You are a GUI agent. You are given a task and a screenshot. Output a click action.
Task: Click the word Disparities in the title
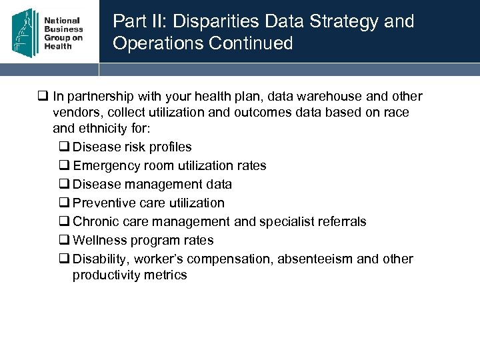click(x=210, y=21)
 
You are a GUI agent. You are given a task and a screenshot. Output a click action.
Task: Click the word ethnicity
click(x=100, y=129)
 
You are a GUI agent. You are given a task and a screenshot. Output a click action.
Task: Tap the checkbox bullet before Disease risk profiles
click(x=65, y=147)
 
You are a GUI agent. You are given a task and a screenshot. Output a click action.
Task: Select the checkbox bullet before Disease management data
click(x=65, y=185)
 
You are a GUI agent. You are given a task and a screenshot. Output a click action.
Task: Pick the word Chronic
click(x=95, y=222)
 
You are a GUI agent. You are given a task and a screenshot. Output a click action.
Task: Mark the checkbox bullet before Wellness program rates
click(x=65, y=241)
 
